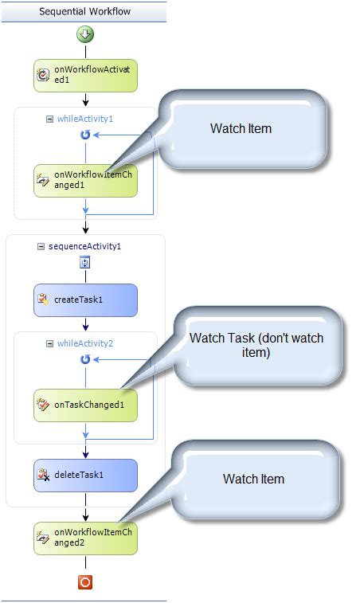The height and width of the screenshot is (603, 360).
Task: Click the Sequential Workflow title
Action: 85,12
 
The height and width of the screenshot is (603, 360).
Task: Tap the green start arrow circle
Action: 85,34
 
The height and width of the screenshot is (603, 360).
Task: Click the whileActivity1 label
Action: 85,119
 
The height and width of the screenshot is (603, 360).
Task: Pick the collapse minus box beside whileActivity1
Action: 49,119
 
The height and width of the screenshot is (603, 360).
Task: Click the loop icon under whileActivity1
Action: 85,135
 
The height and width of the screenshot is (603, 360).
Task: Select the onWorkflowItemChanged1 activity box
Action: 85,181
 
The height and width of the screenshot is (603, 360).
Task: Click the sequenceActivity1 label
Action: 84,246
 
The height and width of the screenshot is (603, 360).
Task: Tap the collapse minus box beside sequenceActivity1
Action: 41,246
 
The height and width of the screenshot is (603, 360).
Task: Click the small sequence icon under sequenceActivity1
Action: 85,263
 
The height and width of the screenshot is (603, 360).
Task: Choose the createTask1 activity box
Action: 85,300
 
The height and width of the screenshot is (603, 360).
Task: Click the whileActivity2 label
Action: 85,343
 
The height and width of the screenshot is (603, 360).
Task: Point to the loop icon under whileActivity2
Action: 85,360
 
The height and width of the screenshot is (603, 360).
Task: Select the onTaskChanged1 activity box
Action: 85,405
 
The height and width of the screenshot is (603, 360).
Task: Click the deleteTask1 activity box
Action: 85,475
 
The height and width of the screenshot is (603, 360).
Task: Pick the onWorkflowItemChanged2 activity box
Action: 85,538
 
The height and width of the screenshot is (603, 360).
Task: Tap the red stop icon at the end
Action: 85,582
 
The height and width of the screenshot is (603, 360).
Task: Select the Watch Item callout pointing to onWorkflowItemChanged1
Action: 241,128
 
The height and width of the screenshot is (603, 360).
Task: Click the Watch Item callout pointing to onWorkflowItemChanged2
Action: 253,479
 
